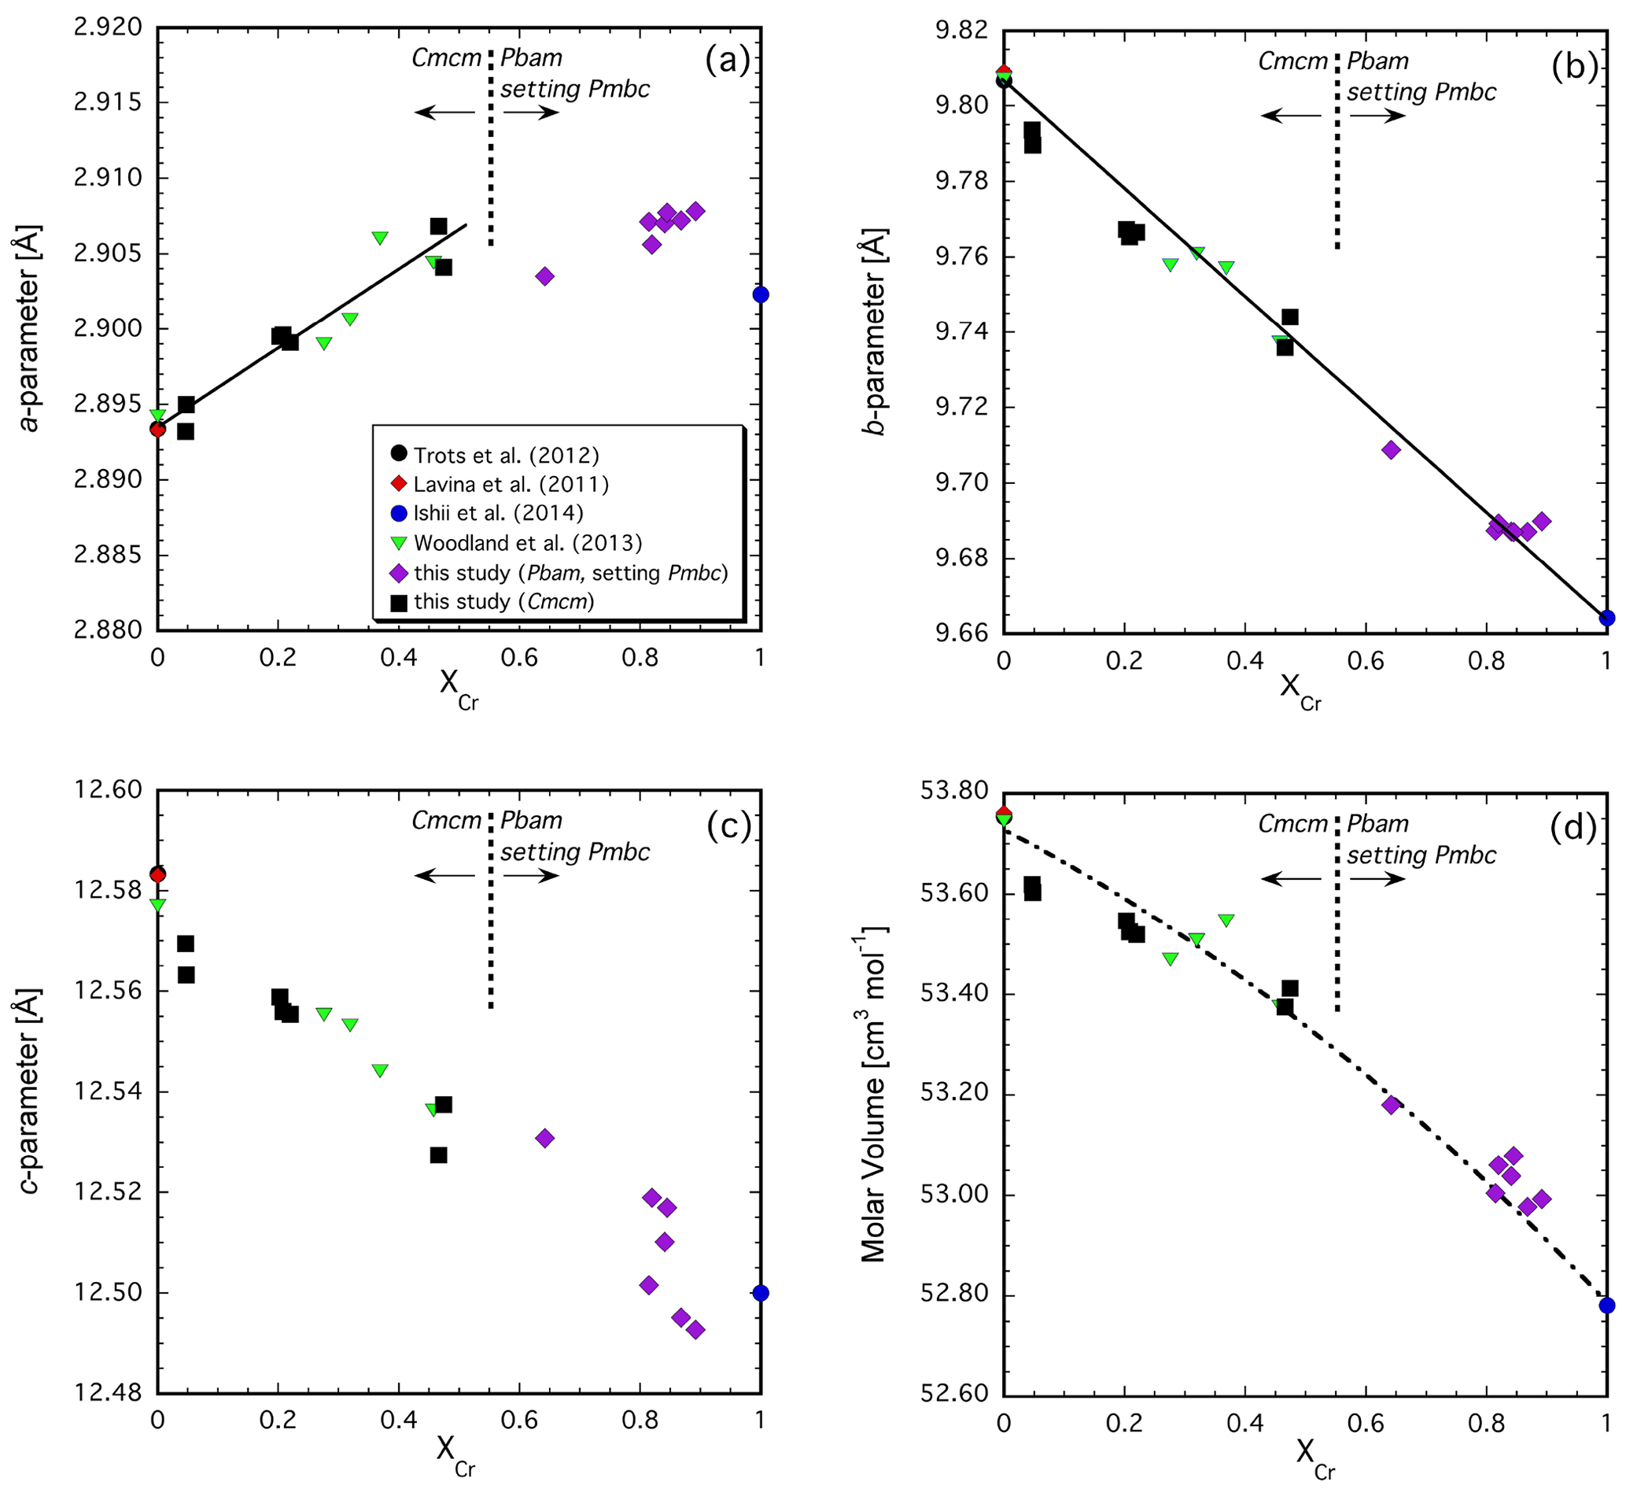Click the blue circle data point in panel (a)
click(x=760, y=294)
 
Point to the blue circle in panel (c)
click(x=760, y=1293)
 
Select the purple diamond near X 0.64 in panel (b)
click(x=1391, y=450)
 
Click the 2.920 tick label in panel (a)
click(x=108, y=28)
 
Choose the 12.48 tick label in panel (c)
click(x=108, y=1393)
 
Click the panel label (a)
click(x=727, y=61)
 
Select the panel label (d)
click(x=1573, y=826)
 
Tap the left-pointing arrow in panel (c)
click(x=445, y=875)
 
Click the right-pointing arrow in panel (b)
click(x=1377, y=116)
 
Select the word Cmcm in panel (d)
click(x=1292, y=824)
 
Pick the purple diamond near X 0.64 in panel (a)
click(x=544, y=276)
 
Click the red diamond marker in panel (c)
click(x=158, y=874)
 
